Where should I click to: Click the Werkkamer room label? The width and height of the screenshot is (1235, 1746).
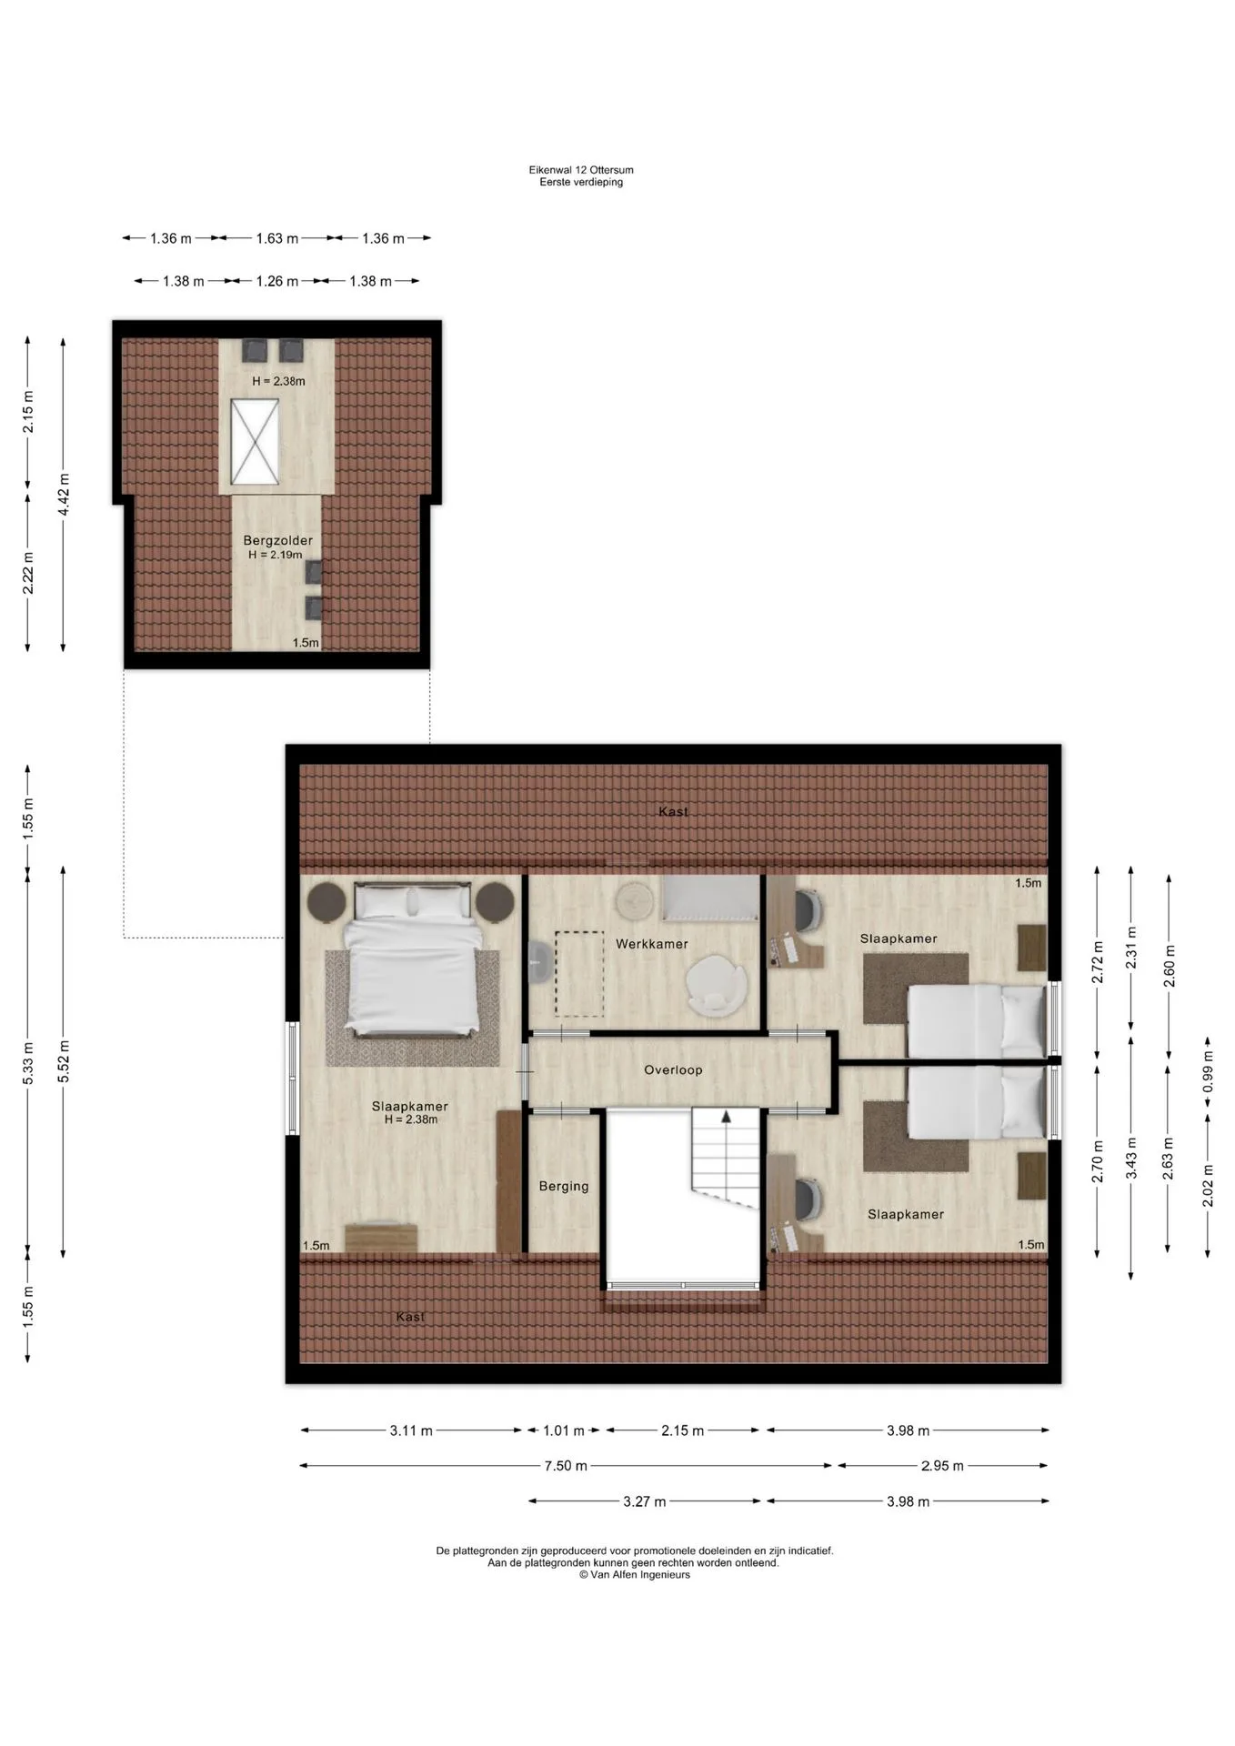[651, 944]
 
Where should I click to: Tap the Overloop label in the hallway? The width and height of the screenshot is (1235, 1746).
[673, 1069]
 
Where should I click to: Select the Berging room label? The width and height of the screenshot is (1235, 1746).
[564, 1187]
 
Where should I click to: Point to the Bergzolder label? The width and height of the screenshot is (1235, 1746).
[277, 540]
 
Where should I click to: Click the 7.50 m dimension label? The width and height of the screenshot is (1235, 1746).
[566, 1465]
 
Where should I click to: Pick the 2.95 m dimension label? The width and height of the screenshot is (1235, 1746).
[942, 1465]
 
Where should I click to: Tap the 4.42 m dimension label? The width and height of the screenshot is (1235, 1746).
[64, 495]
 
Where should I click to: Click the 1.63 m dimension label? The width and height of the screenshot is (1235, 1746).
[276, 238]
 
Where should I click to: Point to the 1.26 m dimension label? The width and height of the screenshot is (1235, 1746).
[276, 281]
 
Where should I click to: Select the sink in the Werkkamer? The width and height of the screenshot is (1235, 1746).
[537, 962]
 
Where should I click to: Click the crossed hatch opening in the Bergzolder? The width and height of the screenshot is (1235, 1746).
[254, 442]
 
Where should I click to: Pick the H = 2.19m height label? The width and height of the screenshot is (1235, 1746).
[275, 555]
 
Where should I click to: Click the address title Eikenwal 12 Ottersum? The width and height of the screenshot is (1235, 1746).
[581, 170]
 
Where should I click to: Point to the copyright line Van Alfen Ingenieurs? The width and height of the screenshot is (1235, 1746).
[635, 1575]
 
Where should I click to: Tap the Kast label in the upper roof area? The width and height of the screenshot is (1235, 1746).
[673, 811]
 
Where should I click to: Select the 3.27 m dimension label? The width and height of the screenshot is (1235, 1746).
[644, 1501]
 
